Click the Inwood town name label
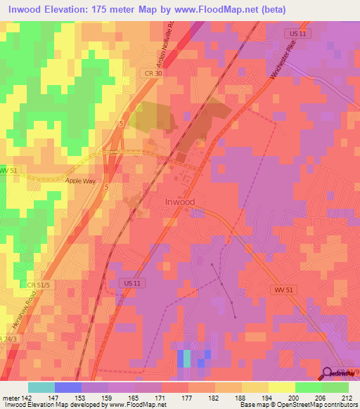pos(179,202)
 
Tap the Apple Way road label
pos(79,181)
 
